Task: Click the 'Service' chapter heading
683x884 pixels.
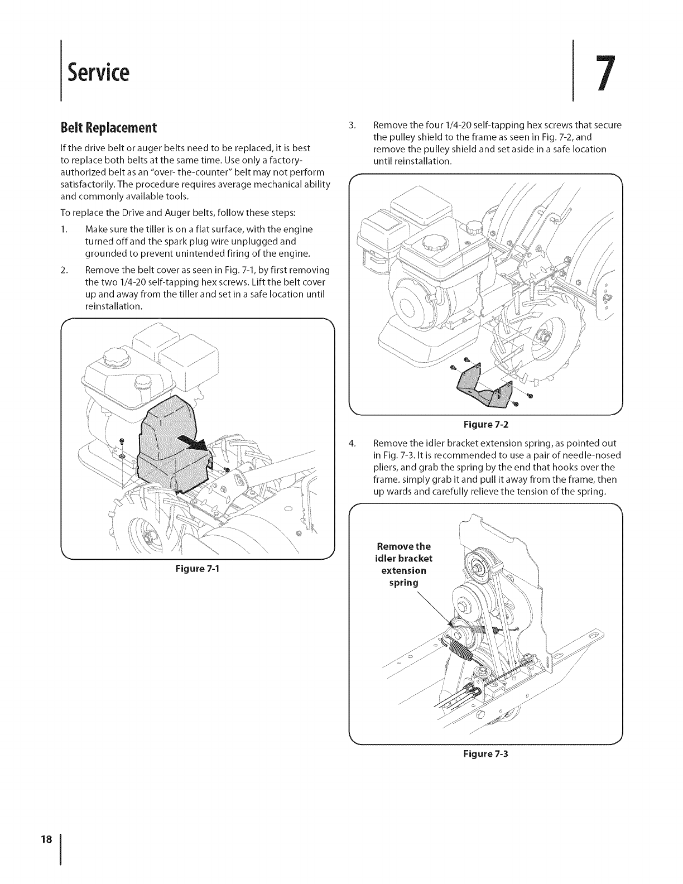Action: click(98, 72)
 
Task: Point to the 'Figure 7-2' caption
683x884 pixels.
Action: click(485, 424)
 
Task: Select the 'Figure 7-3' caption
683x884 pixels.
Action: click(485, 753)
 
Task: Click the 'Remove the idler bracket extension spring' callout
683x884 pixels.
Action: click(404, 564)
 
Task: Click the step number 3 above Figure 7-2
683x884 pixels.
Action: click(352, 125)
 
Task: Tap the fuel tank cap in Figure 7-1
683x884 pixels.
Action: click(109, 357)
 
